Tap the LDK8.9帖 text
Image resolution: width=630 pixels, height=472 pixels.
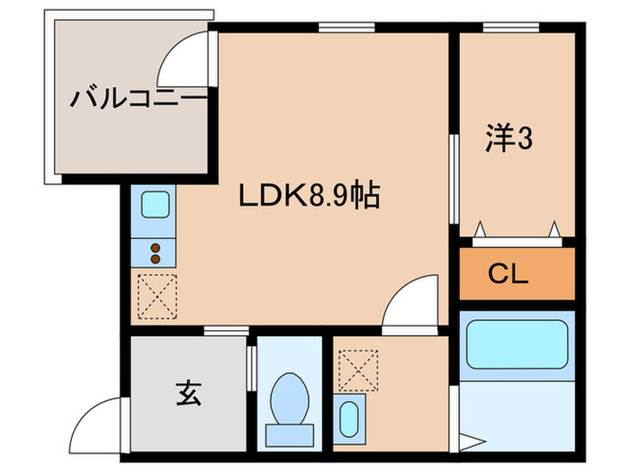pos(309,194)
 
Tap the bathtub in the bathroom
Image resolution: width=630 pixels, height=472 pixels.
pos(516,344)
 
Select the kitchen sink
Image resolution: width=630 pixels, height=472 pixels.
pos(154,206)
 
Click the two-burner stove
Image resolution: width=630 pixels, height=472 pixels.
pos(154,253)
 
